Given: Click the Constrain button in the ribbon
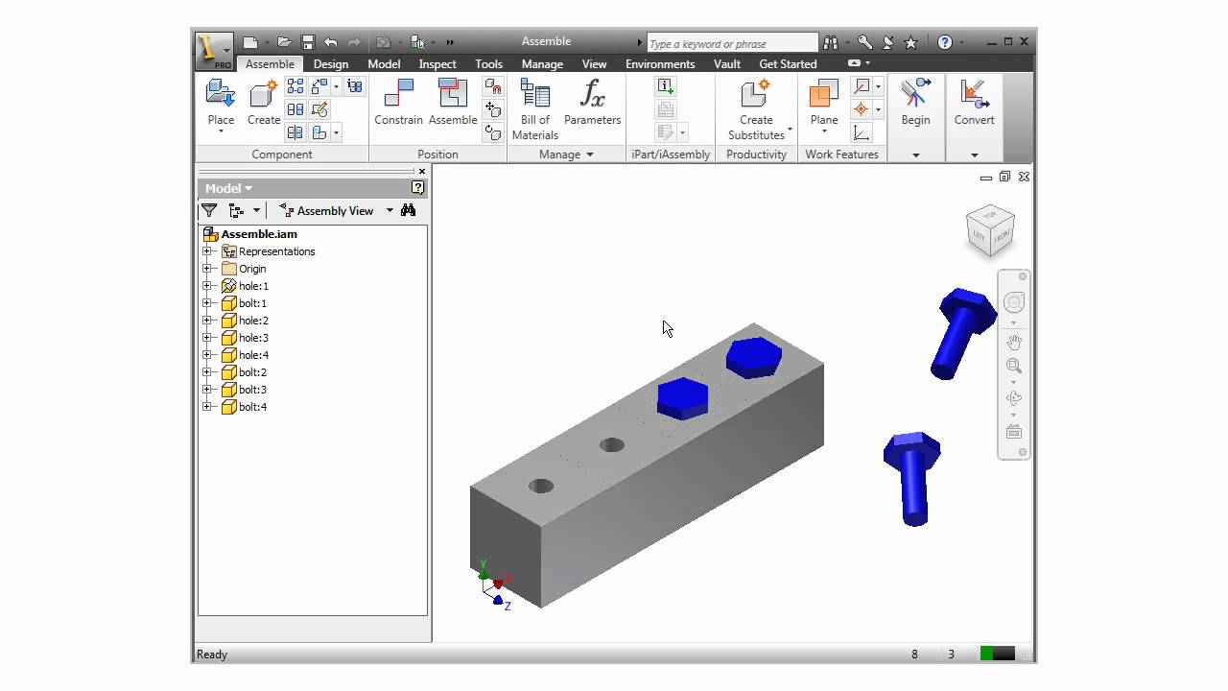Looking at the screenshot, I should pos(398,103).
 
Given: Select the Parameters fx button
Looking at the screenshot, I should pos(592,103).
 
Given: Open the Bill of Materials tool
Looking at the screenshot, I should pos(534,107).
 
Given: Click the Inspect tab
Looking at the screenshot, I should pos(437,64).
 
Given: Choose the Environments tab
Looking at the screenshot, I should pos(660,64).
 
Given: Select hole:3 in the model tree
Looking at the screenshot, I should pos(253,338).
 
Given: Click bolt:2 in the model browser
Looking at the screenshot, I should pos(252,372).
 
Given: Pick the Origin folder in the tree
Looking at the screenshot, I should pos(251,269).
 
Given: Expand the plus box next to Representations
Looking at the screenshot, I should pos(207,251).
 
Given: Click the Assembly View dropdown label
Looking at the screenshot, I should pos(334,211).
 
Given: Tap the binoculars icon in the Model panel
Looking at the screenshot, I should pos(409,210).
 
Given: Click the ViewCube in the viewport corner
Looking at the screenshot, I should pos(990,230).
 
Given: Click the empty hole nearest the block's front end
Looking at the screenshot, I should pos(541,486).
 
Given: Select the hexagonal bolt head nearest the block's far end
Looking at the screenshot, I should pos(753,357).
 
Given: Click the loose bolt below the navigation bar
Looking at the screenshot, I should pos(911,475).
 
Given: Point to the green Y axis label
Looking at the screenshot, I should pos(484,565).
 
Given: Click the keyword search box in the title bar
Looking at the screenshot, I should pos(731,43).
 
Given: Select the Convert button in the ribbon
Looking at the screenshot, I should pos(974,103).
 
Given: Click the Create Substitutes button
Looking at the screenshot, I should pos(756,107).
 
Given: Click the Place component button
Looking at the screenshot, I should pos(221,103).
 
